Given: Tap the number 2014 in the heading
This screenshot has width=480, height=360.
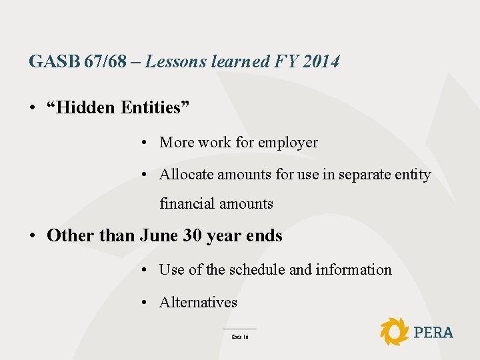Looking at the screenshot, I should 321,62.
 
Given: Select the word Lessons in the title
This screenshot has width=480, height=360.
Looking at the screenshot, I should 176,62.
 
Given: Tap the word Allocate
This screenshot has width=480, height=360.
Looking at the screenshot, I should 185,175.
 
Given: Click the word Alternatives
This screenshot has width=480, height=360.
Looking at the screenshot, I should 198,303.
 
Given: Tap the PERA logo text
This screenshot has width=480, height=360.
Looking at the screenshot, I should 433,332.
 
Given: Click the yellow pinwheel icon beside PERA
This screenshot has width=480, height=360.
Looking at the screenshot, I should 394,331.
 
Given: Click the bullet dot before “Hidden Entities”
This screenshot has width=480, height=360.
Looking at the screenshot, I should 33,108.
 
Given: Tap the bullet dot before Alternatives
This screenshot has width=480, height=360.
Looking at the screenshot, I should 144,303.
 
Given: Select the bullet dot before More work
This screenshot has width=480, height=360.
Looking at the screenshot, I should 144,143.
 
